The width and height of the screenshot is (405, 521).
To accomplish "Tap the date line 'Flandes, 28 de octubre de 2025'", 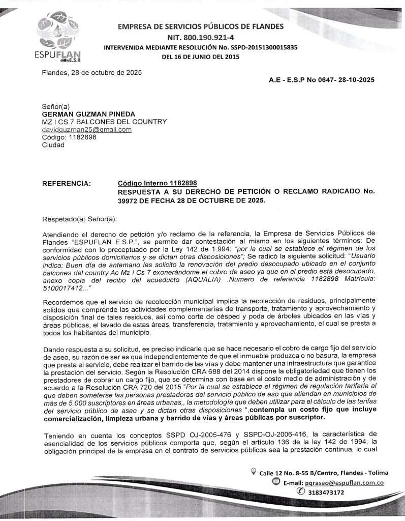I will point(91,72).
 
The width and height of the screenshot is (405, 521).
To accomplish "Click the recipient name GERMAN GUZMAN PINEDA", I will point(88,114).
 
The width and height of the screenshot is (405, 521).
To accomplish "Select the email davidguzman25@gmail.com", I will point(86,130).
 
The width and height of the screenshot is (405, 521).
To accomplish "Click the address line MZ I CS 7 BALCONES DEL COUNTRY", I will point(104,122).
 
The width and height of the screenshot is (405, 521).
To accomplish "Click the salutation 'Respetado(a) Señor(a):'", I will point(79,219).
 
